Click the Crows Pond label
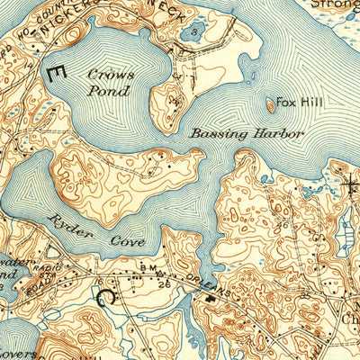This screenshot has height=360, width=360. [110, 81]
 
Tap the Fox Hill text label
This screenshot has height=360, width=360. [296, 103]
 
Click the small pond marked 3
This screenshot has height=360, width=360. [197, 33]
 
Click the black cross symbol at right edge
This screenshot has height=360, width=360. [351, 187]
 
